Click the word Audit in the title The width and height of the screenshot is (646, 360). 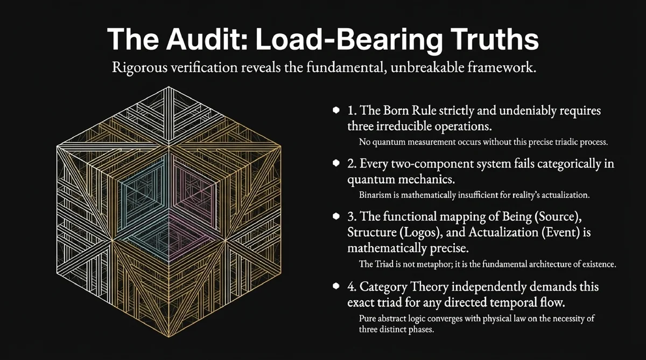[207, 39]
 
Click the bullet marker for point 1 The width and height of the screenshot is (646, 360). [336, 110]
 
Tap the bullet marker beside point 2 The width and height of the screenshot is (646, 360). [336, 163]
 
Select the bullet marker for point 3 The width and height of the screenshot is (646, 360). [336, 216]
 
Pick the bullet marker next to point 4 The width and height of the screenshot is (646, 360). [336, 286]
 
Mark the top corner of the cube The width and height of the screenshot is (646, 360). [168, 87]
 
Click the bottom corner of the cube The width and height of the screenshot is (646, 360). [169, 337]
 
